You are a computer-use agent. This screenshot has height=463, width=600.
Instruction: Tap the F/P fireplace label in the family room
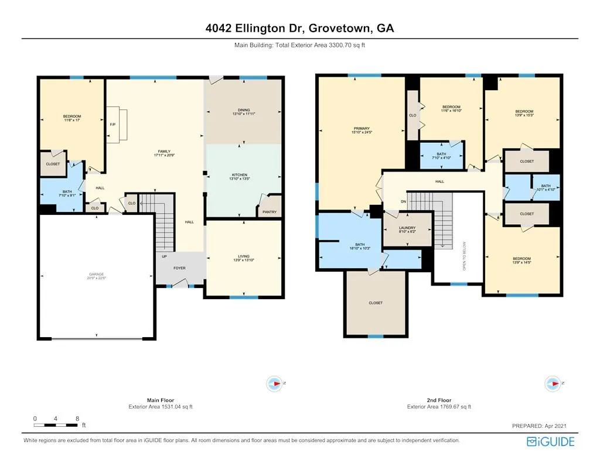112,125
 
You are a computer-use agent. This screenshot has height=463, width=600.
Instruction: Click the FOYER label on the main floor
179,268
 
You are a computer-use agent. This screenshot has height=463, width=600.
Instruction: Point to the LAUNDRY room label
407,228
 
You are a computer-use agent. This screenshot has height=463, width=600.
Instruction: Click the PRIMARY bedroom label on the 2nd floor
361,128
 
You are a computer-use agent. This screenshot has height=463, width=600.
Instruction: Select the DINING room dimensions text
244,114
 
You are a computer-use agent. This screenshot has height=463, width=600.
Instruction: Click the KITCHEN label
240,174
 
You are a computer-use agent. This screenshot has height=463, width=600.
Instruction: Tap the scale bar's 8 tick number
77,419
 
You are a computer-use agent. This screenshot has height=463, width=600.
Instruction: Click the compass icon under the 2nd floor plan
553,383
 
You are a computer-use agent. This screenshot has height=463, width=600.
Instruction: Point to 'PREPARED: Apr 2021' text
539,426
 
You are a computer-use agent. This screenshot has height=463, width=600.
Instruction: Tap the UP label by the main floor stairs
164,256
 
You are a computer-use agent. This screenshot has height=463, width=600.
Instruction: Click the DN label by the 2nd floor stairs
403,202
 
